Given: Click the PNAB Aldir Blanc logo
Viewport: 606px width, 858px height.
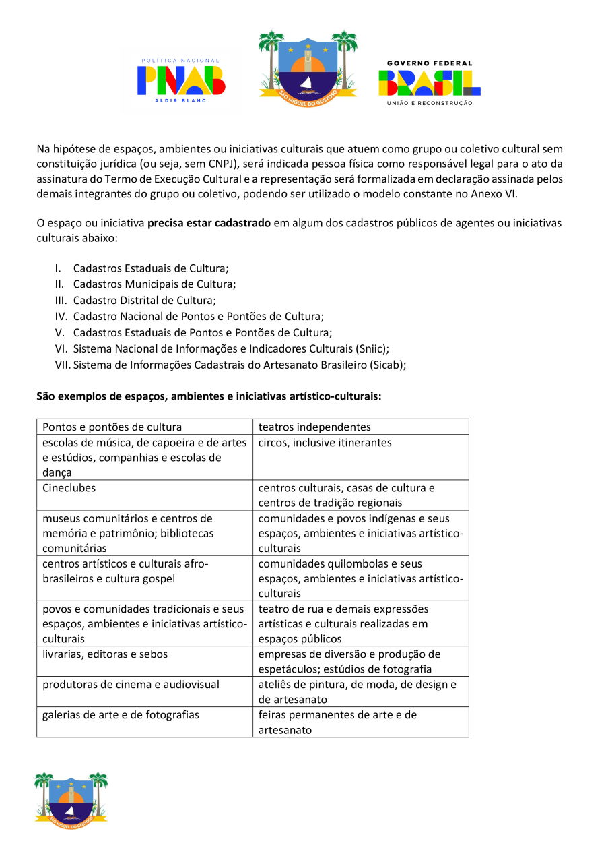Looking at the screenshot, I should (x=180, y=80).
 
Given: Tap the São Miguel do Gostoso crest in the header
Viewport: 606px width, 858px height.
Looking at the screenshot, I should (x=308, y=65).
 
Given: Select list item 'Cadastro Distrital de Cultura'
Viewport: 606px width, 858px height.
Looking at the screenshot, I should (x=144, y=300).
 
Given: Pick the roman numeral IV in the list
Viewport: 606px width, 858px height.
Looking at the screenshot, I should (x=61, y=316).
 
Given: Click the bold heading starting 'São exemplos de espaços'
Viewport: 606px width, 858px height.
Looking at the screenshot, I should (x=209, y=396).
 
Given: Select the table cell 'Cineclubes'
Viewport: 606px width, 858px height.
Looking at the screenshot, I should (x=69, y=487).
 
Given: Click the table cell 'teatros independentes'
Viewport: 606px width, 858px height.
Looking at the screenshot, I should (x=314, y=427).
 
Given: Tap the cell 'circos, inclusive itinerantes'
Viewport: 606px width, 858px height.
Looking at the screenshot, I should (x=325, y=443).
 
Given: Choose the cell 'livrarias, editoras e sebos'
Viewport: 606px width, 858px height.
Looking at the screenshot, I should (x=105, y=654).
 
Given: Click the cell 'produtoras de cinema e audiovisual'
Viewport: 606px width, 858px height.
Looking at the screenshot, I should (x=131, y=684).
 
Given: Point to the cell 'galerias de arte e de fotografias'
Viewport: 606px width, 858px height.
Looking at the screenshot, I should (x=121, y=714).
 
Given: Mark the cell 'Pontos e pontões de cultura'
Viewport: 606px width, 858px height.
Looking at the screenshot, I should (x=112, y=427).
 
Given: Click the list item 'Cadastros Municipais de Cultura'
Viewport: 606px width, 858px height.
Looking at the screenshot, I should (x=154, y=284).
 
